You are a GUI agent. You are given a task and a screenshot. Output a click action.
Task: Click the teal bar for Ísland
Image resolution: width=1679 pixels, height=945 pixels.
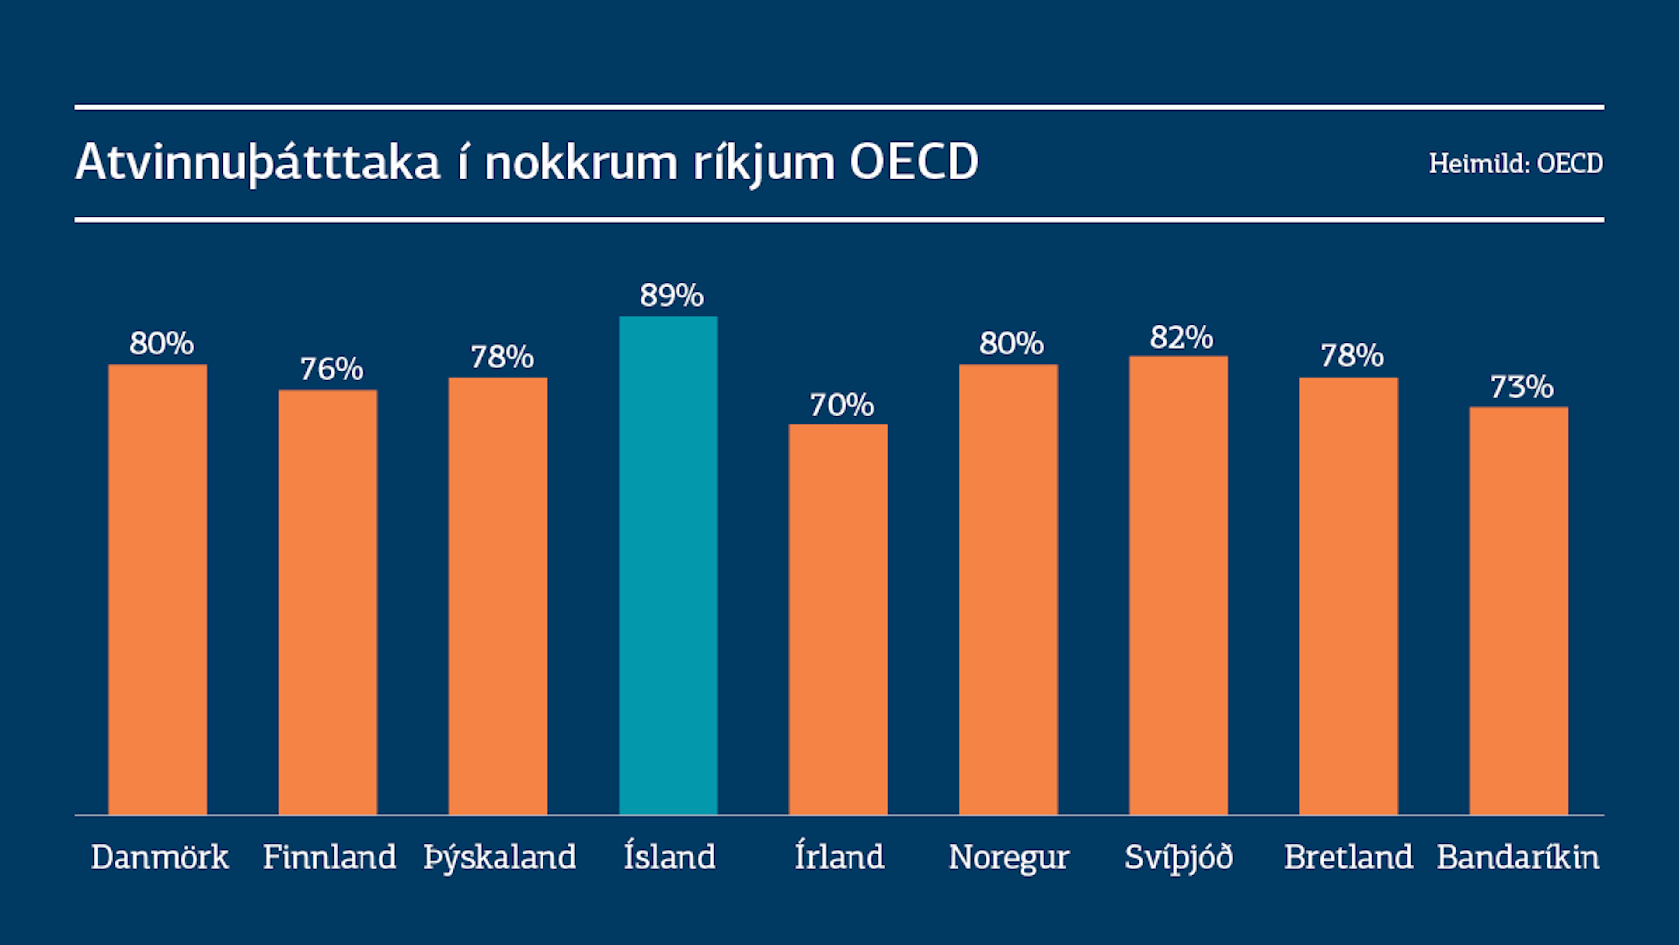tap(668, 565)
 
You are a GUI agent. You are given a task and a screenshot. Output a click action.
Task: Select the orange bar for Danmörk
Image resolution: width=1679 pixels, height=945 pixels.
tap(158, 590)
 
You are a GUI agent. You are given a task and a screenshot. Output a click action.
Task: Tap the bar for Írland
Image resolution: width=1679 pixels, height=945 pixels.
tap(838, 619)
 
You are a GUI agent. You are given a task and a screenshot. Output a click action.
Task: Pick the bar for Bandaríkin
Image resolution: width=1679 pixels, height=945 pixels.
tap(1519, 611)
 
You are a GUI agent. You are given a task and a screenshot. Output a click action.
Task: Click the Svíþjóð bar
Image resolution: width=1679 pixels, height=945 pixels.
tap(1178, 585)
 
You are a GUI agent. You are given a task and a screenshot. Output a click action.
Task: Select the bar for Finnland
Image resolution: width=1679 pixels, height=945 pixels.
tap(328, 602)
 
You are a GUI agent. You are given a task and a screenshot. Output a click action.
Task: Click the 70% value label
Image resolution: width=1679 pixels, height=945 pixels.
tap(841, 405)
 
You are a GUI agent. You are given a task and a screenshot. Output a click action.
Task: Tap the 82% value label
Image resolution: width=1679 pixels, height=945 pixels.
tap(1181, 337)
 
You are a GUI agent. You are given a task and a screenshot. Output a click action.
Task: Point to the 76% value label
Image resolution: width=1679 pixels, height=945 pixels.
tap(331, 369)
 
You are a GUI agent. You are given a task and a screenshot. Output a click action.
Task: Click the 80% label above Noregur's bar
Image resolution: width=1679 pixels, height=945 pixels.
tap(1011, 344)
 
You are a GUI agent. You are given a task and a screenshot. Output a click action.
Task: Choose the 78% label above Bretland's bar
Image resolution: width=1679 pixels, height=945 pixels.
tap(1352, 356)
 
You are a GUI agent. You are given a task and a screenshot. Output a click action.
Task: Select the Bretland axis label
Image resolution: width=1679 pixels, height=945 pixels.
tap(1348, 856)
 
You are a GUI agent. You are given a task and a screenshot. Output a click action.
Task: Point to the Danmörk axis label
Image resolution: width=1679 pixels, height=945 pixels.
tap(159, 856)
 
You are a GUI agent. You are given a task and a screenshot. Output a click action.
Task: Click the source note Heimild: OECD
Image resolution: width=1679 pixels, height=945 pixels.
tap(1516, 164)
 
